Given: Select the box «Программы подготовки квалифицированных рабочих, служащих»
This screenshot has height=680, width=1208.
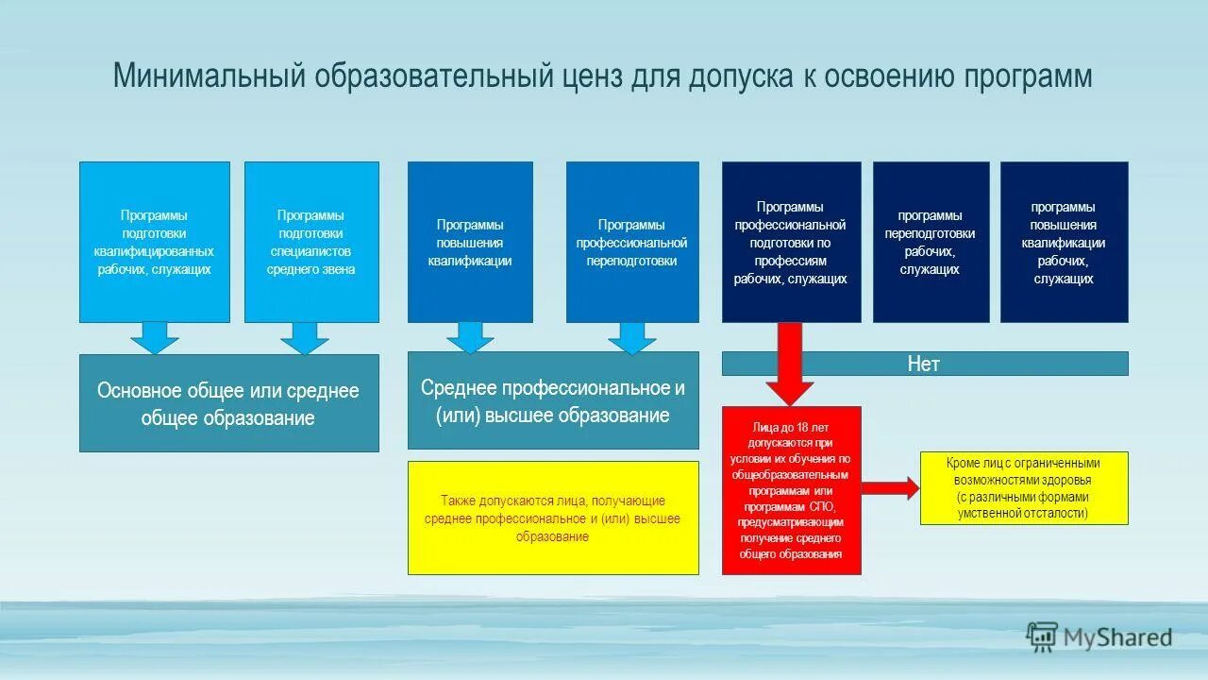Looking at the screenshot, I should coord(154,242).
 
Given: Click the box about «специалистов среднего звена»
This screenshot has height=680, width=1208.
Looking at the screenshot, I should coord(311,242).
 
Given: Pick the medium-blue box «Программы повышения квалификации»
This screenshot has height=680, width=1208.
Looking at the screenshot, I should coord(470,242).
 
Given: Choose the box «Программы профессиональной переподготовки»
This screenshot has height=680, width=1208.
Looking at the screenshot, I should coord(632,242).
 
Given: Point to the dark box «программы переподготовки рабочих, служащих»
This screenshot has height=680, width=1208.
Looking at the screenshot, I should coord(931,242).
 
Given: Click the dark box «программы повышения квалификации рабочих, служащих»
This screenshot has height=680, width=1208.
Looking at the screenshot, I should coord(1064,242).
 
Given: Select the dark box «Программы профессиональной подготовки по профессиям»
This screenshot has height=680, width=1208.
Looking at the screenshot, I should coord(791,242).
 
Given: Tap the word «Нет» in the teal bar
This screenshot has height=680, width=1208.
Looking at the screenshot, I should coord(924,364).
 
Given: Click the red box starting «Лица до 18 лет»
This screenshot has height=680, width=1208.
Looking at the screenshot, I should coord(791,490).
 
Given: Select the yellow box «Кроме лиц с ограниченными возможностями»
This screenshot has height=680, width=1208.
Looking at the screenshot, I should coord(1024,488).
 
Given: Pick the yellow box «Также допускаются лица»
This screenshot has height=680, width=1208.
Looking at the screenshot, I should coord(553,518).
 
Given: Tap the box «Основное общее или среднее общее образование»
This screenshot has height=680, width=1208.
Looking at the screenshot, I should coord(228,403).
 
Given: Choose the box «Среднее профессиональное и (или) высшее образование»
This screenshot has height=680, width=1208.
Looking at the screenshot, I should coord(553,400).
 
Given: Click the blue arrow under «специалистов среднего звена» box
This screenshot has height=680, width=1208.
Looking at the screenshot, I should coord(305,338).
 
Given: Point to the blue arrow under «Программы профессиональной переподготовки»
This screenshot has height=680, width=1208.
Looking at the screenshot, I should coord(632,337).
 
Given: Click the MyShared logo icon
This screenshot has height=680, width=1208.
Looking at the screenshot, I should coord(1042,637).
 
